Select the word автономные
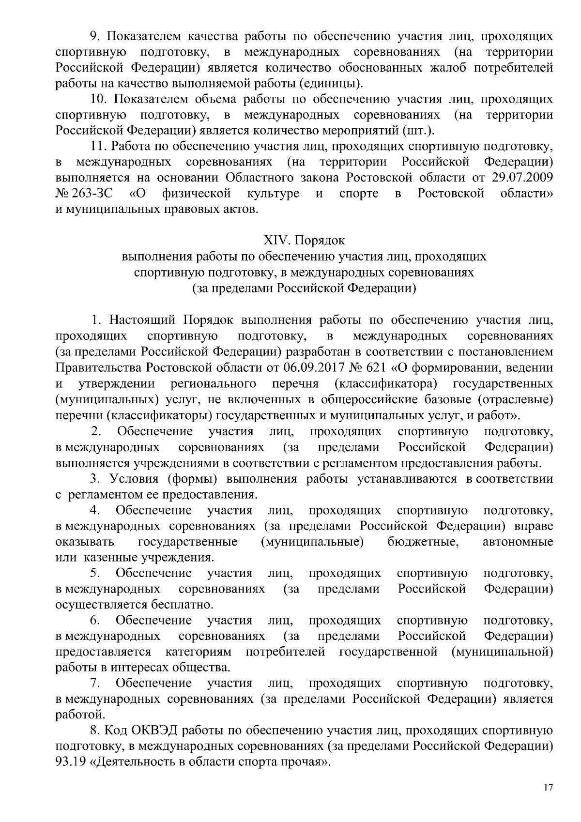click(518, 541)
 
